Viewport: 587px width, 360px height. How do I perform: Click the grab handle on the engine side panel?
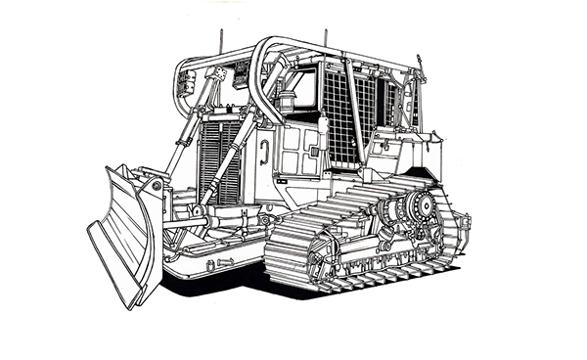coord(265,151)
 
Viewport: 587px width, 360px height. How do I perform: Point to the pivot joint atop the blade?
coord(152,183)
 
